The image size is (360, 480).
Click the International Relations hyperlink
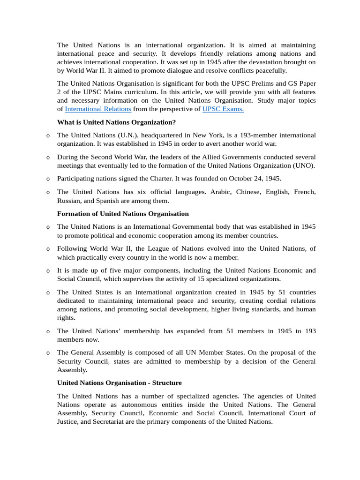point(97,109)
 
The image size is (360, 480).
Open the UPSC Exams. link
point(223,109)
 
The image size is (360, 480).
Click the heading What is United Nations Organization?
point(116,122)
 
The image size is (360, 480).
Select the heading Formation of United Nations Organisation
point(123,214)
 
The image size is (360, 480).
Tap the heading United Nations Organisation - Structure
point(120,382)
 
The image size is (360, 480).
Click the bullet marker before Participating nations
point(48,179)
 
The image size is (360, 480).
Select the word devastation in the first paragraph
point(243,62)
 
